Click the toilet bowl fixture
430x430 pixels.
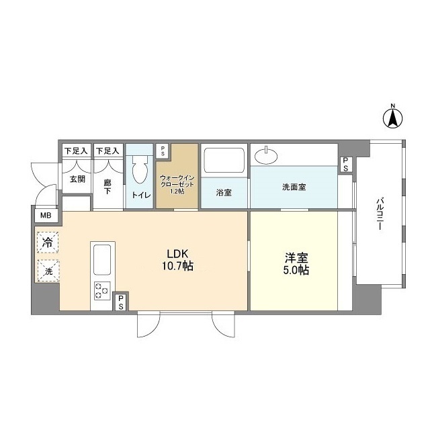click(x=140, y=171)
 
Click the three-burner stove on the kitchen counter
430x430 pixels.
click(x=101, y=291)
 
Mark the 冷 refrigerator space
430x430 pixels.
click(x=48, y=242)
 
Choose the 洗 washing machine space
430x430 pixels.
click(x=48, y=271)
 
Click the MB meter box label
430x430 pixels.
click(x=46, y=216)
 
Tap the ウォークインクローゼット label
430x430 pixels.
click(x=177, y=183)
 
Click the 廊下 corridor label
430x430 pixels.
click(x=107, y=185)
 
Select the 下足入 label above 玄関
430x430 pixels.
click(x=76, y=151)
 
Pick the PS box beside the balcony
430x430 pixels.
click(x=345, y=165)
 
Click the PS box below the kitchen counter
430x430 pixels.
click(x=121, y=302)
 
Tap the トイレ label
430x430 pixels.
click(x=140, y=195)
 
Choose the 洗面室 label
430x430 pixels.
click(x=294, y=187)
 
